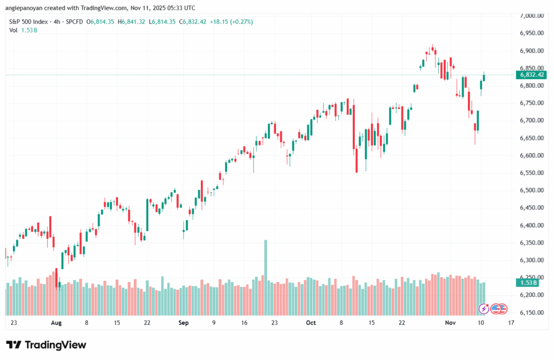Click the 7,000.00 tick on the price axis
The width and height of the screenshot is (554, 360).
tap(531, 16)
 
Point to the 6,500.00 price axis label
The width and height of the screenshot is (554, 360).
tap(531, 191)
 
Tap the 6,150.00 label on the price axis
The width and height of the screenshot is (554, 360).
tap(531, 313)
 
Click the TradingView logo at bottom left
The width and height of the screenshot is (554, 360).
tap(46, 345)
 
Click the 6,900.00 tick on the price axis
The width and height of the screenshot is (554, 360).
tap(531, 51)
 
